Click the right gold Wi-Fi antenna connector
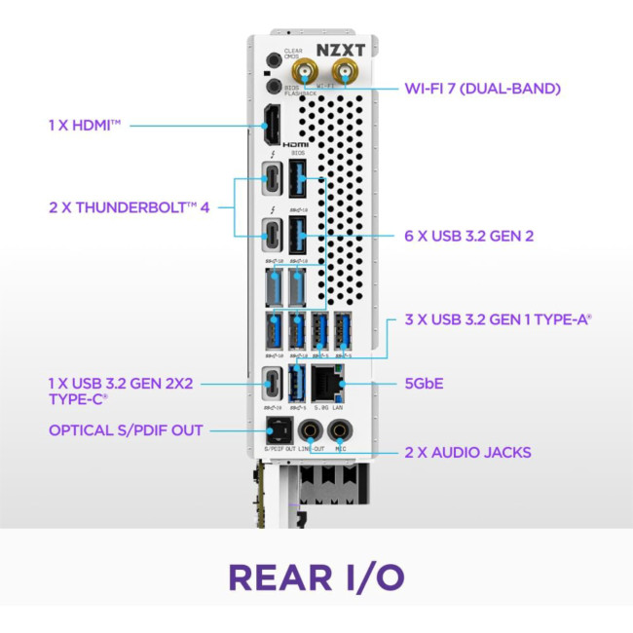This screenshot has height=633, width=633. (x=342, y=69)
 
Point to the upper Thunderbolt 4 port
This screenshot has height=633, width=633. (x=271, y=182)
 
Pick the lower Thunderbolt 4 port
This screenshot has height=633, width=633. (x=271, y=235)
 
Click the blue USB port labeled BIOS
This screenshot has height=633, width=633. (x=298, y=181)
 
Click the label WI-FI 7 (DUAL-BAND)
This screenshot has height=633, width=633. (x=482, y=90)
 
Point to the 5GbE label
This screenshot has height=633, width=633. (x=424, y=384)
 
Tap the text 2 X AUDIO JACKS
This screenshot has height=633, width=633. (x=467, y=453)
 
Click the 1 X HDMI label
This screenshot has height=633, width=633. (x=88, y=125)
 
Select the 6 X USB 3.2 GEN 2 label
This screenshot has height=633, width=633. (x=467, y=236)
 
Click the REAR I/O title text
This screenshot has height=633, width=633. (x=316, y=577)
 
